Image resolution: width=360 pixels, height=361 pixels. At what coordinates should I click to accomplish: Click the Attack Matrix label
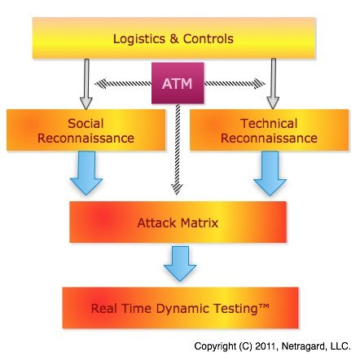178,222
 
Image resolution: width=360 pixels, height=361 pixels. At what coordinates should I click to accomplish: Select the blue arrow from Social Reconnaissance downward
87,174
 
